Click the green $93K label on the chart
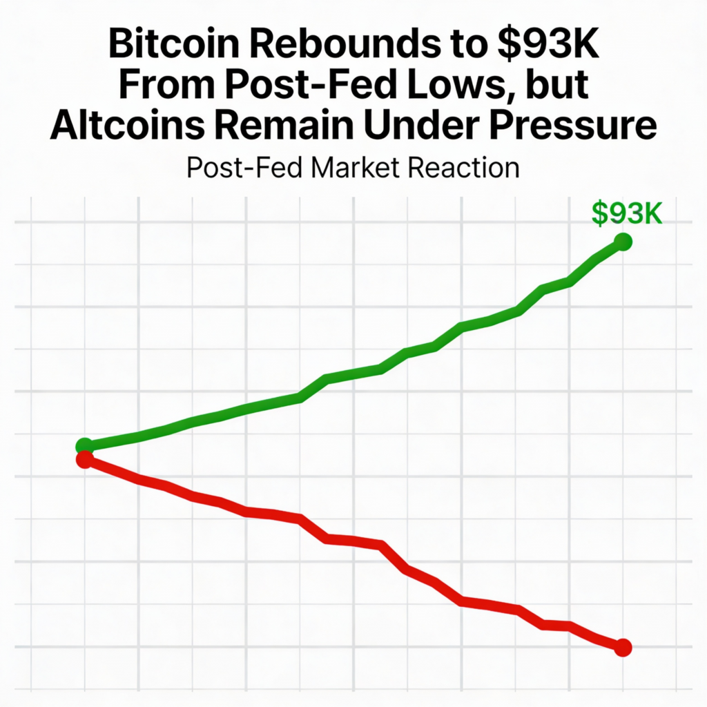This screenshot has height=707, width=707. [x=627, y=214]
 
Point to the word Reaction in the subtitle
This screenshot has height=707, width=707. [x=472, y=168]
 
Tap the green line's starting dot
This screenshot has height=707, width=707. [x=84, y=445]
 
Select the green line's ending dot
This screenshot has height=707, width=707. [x=623, y=242]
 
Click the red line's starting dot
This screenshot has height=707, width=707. [x=84, y=459]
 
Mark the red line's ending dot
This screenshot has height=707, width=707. [x=623, y=647]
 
